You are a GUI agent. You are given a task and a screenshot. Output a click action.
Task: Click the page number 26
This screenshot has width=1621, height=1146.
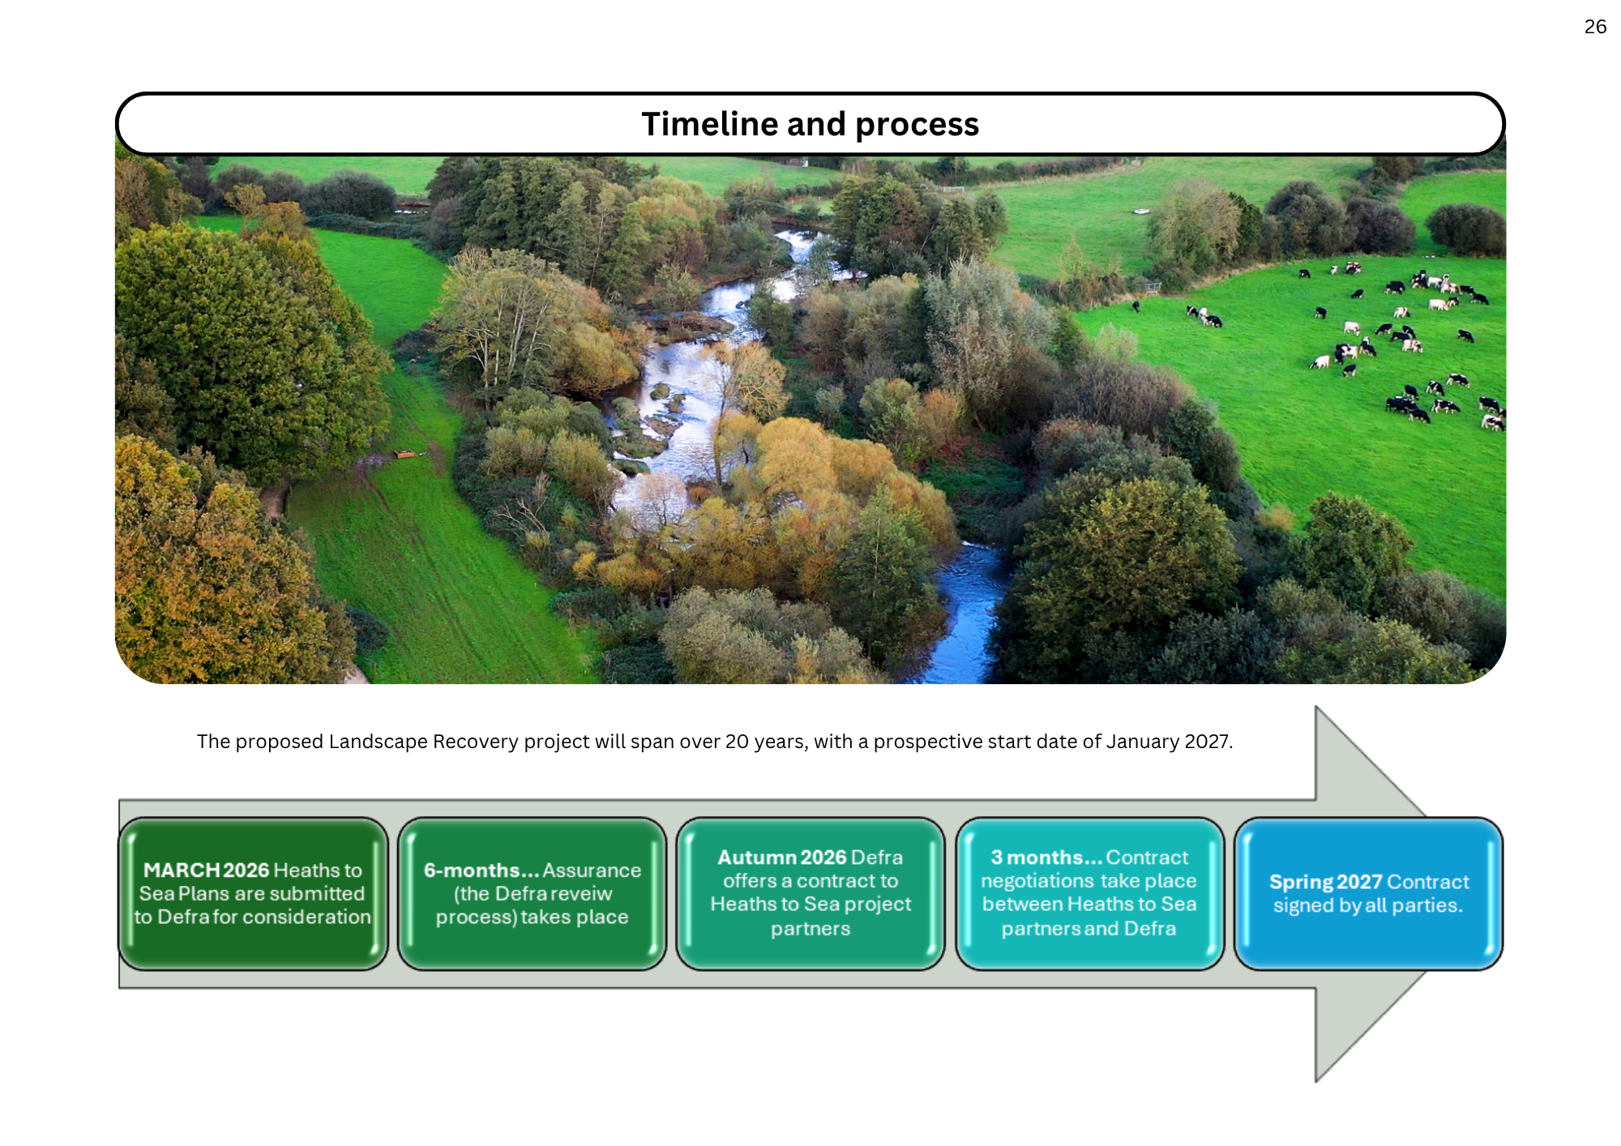pyautogui.click(x=1594, y=27)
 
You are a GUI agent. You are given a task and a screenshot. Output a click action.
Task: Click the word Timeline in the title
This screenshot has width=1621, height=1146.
pyautogui.click(x=709, y=124)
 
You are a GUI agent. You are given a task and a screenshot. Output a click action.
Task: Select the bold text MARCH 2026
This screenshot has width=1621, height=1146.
pyautogui.click(x=206, y=870)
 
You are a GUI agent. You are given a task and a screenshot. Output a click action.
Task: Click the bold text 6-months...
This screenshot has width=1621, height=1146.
pyautogui.click(x=481, y=870)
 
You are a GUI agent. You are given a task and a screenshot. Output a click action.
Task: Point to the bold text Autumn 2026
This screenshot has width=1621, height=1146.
pyautogui.click(x=781, y=857)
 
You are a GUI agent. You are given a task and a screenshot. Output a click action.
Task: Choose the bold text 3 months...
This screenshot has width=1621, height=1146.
pyautogui.click(x=1046, y=857)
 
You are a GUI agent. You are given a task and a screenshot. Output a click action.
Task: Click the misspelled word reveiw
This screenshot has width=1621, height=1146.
pyautogui.click(x=580, y=893)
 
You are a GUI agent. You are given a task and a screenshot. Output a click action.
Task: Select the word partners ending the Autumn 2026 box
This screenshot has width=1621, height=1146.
pyautogui.click(x=810, y=928)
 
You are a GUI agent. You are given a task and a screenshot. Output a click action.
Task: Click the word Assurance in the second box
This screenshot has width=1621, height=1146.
pyautogui.click(x=592, y=870)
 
